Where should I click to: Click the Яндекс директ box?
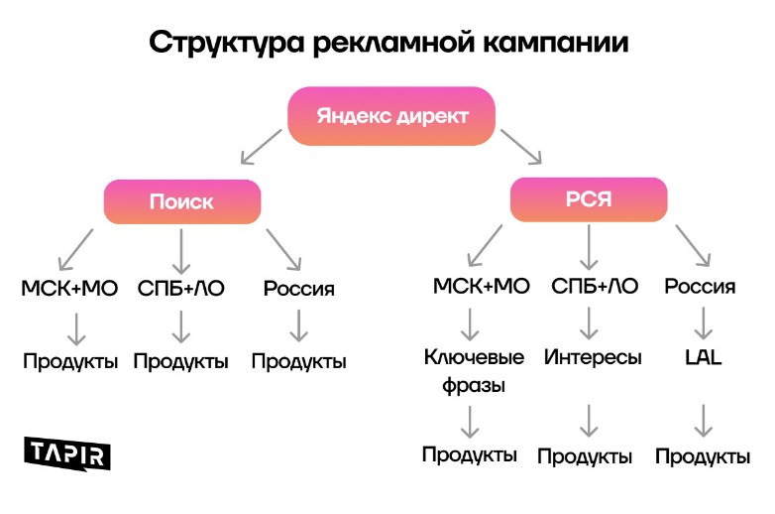pos(391,115)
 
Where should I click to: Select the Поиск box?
pos(181,201)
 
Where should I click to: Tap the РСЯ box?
pos(589,198)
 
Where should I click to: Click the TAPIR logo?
pos(67,452)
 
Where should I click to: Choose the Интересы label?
pos(593,357)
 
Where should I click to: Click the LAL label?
pos(703,357)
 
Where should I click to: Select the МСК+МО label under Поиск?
pos(69,289)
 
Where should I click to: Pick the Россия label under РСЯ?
pos(700,287)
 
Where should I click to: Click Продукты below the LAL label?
pos(703,456)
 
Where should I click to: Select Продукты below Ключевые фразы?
pos(470,454)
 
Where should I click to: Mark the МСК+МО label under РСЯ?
pos(482,287)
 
